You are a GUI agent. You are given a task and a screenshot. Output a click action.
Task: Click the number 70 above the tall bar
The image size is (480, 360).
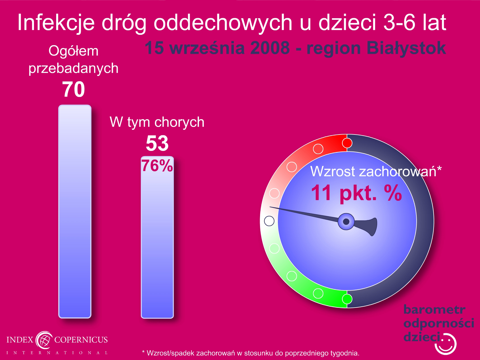click(x=73, y=89)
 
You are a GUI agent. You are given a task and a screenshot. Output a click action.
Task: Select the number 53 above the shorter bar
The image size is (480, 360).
click(x=157, y=143)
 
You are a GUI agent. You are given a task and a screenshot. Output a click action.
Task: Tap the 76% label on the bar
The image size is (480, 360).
click(x=157, y=166)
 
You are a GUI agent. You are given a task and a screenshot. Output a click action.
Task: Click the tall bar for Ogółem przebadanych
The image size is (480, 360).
click(x=75, y=211)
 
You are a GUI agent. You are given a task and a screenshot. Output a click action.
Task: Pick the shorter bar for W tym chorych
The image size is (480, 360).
click(x=158, y=237)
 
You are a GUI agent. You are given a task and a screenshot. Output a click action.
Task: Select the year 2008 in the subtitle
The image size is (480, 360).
click(x=270, y=48)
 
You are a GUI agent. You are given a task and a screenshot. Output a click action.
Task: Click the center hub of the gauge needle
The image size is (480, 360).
click(x=346, y=221)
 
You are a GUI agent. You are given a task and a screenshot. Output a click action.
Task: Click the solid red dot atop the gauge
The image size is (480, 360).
click(x=347, y=143)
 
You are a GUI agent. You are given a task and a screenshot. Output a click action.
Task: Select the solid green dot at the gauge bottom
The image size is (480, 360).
click(x=347, y=299)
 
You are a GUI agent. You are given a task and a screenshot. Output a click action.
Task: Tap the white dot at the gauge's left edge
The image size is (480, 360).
click(x=269, y=221)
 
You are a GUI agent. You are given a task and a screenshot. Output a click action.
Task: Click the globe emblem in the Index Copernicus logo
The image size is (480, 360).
click(x=44, y=340)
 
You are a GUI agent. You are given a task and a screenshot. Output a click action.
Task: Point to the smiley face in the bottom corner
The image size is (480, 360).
click(x=446, y=344)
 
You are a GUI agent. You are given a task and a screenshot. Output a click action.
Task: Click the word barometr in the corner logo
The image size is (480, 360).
click(x=434, y=310)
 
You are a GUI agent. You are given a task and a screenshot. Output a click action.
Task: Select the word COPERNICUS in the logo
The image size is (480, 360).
click(x=81, y=340)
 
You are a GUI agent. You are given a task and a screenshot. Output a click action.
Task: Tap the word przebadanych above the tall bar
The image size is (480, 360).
click(x=73, y=69)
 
